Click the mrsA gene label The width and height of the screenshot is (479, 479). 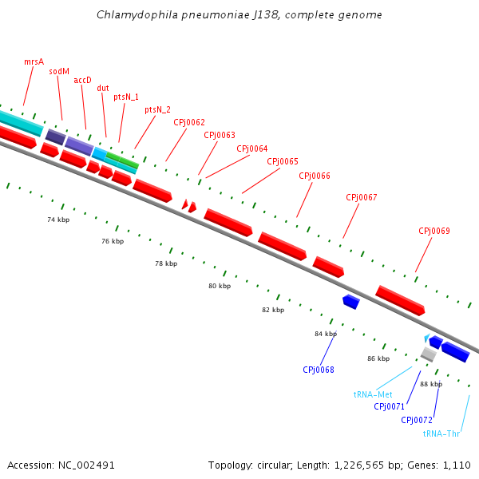click(34, 61)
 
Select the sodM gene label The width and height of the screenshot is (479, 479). click(59, 71)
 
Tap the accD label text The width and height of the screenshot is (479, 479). click(82, 80)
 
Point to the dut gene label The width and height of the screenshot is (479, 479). click(103, 88)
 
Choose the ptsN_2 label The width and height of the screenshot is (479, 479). click(157, 109)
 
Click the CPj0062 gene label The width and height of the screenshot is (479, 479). click(189, 122)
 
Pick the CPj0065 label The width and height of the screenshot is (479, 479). click(283, 161)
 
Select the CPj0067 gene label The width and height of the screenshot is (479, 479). click(362, 197)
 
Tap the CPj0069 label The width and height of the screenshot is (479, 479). click(434, 231)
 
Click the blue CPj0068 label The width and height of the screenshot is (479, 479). click(319, 370)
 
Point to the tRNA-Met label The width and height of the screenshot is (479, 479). click(373, 394)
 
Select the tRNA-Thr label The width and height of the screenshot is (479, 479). click(441, 433)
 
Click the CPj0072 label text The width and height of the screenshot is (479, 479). click(417, 420)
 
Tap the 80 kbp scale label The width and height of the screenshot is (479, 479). click(220, 286)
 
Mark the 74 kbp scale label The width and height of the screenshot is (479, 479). click(58, 219)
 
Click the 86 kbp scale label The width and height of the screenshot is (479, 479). click(378, 358)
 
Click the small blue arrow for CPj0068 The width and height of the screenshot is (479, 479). click(350, 301)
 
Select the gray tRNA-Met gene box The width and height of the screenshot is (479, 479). click(429, 354)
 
